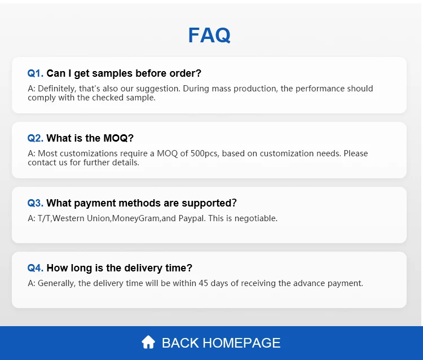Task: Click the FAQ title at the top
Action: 209,36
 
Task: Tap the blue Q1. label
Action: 36,73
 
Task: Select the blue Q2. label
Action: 36,138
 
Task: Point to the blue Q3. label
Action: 36,203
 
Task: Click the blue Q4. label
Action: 36,268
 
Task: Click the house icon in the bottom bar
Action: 148,342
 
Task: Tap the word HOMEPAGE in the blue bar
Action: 241,343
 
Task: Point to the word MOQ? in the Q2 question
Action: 118,138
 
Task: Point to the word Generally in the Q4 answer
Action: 55,283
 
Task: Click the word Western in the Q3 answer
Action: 68,218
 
